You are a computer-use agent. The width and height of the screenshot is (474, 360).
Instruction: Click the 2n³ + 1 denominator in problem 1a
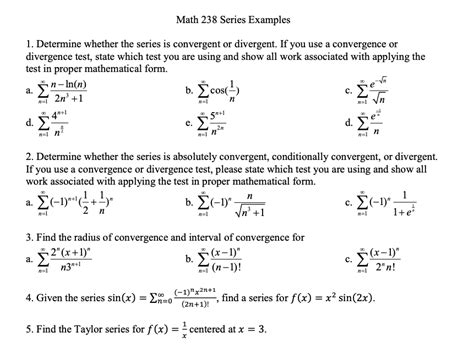click(x=82, y=101)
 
